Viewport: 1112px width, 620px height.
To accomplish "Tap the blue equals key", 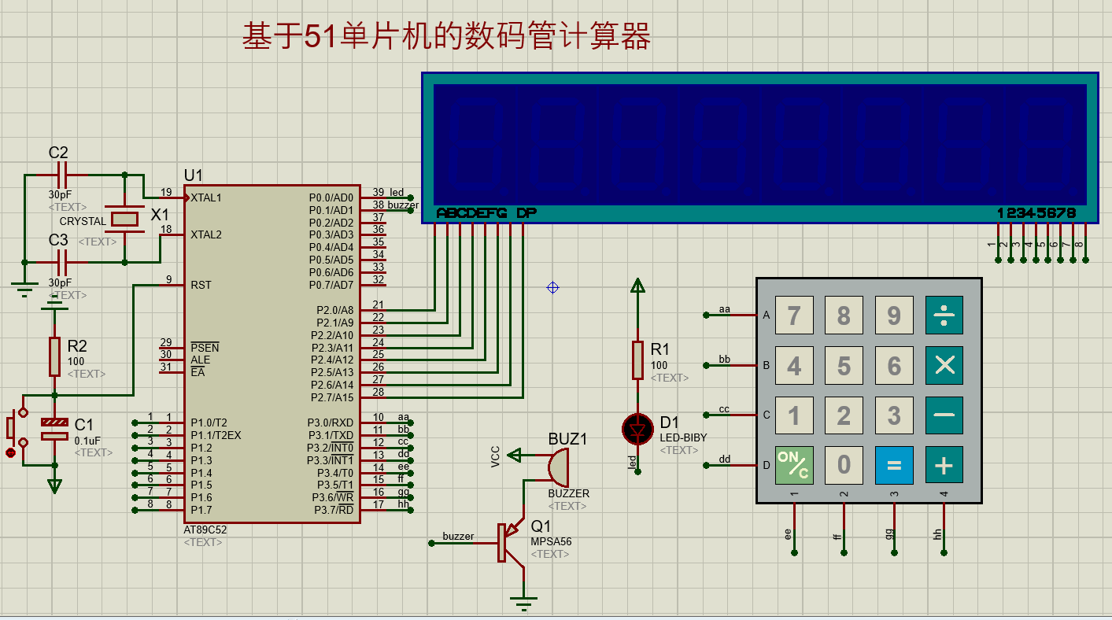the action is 893,465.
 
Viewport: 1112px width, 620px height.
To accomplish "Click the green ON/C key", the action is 794,465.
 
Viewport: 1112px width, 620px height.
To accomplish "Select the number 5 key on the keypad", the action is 844,365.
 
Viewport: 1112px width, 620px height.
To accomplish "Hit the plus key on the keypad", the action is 944,465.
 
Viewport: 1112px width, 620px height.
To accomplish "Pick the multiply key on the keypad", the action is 944,365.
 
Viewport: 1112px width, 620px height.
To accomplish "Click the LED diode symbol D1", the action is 637,430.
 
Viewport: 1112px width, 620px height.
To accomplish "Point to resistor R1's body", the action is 638,360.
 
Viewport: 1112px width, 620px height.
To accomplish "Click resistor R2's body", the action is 54,356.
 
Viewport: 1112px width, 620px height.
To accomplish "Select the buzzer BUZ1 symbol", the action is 559,467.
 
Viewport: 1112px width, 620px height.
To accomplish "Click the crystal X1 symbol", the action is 124,219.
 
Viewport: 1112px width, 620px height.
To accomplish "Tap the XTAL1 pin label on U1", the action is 206,197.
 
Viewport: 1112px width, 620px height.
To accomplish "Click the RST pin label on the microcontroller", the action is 201,285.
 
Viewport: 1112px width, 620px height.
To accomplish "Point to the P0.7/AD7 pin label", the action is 331,285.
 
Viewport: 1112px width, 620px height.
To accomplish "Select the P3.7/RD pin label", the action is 334,510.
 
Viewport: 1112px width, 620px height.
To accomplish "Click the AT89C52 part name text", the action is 205,530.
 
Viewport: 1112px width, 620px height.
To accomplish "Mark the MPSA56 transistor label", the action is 551,541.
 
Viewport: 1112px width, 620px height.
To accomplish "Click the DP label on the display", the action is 526,213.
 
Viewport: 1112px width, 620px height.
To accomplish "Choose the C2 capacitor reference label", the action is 58,153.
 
